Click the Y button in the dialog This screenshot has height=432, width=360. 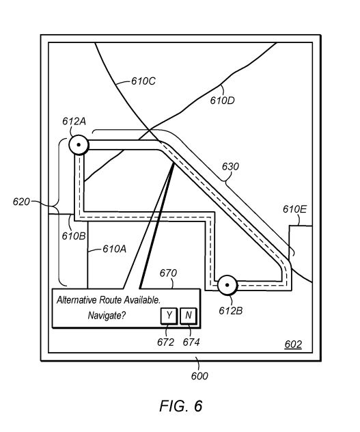pyautogui.click(x=169, y=316)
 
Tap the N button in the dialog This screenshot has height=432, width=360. pyautogui.click(x=189, y=316)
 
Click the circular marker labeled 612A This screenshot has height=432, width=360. pyautogui.click(x=79, y=145)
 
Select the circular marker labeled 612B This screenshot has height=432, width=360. pyautogui.click(x=227, y=285)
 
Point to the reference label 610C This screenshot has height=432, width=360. pyautogui.click(x=143, y=81)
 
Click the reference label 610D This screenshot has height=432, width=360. pyautogui.click(x=222, y=100)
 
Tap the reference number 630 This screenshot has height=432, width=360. pyautogui.click(x=230, y=167)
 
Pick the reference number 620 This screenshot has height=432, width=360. pyautogui.click(x=21, y=202)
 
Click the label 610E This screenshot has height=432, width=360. pyautogui.click(x=294, y=209)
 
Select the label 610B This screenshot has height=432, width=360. pyautogui.click(x=74, y=236)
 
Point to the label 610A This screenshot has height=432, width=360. pyautogui.click(x=114, y=249)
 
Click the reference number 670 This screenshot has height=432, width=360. pyautogui.click(x=168, y=273)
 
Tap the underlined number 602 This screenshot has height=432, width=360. pyautogui.click(x=293, y=345)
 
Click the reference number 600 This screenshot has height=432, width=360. pyautogui.click(x=199, y=376)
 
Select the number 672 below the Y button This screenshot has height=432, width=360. pyautogui.click(x=165, y=342)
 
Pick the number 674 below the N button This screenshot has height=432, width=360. pyautogui.click(x=191, y=342)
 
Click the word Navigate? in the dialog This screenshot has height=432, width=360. pyautogui.click(x=107, y=316)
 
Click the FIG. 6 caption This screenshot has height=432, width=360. pyautogui.click(x=181, y=406)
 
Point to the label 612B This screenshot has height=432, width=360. pyautogui.click(x=230, y=311)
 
